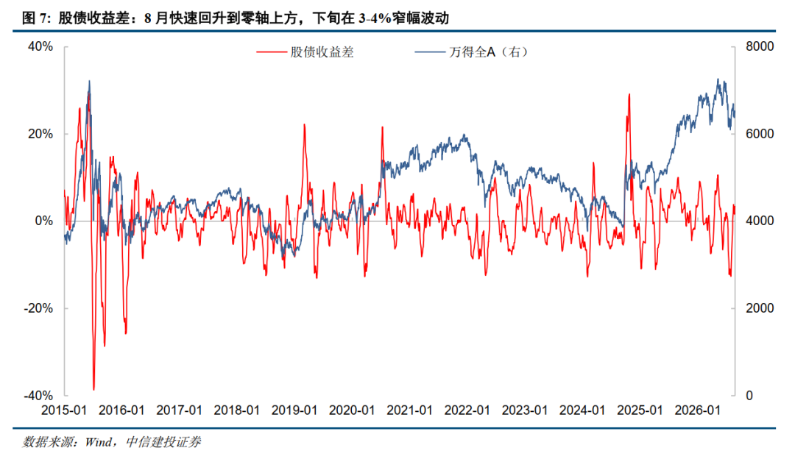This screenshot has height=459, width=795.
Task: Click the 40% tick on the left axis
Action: point(40,46)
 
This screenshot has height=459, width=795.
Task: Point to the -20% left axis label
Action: point(38,308)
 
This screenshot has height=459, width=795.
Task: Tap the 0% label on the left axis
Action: point(44,221)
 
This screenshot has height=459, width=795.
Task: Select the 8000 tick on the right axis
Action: point(760,46)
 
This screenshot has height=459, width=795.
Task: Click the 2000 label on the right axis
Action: point(760,308)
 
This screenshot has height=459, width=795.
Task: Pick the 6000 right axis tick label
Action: point(760,134)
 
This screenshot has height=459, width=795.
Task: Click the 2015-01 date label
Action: point(64,410)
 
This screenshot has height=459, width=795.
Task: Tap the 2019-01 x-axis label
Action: point(294,410)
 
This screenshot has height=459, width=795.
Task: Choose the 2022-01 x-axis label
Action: point(467,410)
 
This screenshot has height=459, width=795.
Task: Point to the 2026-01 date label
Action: point(697,410)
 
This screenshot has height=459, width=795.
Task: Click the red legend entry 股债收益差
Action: point(305,52)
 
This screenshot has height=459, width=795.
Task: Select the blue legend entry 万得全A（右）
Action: point(472,52)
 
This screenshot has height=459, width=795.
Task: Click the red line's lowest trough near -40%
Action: point(93,389)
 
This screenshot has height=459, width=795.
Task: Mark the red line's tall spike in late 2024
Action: point(629,95)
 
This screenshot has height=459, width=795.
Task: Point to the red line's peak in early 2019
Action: point(305,124)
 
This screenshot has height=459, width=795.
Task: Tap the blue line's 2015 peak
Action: point(89,81)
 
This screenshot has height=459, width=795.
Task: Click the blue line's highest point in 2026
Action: point(718,79)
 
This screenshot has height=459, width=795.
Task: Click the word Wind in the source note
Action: point(99,442)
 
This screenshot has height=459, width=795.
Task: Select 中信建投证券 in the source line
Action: point(163,442)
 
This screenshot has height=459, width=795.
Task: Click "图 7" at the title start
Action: point(35,18)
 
